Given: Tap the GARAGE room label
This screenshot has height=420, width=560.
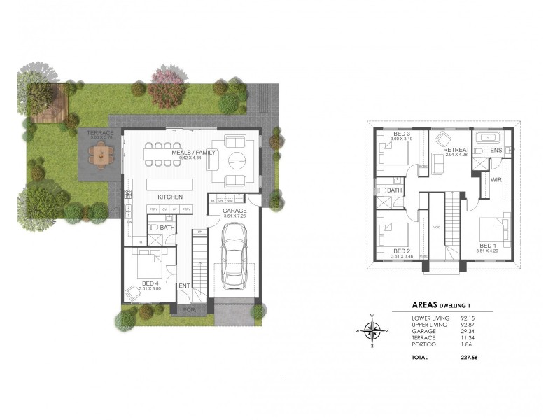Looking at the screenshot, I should [x=234, y=211].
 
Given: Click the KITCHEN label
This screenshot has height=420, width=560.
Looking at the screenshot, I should [x=169, y=197].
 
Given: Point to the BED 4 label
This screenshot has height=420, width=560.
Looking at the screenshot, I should [x=150, y=282].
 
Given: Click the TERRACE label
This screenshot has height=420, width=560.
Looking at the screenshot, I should [x=100, y=132].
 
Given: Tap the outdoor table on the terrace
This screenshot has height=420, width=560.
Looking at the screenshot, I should [x=102, y=153].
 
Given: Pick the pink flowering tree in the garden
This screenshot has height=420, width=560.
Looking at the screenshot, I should [x=166, y=86].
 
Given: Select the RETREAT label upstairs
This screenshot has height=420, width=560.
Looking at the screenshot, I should [x=456, y=150].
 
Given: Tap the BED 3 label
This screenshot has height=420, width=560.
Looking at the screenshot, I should [x=402, y=134].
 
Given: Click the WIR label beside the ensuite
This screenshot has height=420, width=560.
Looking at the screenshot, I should [x=496, y=180].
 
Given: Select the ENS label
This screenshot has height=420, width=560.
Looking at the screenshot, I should [x=496, y=150].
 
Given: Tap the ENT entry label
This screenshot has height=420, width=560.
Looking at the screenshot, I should [x=184, y=286].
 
